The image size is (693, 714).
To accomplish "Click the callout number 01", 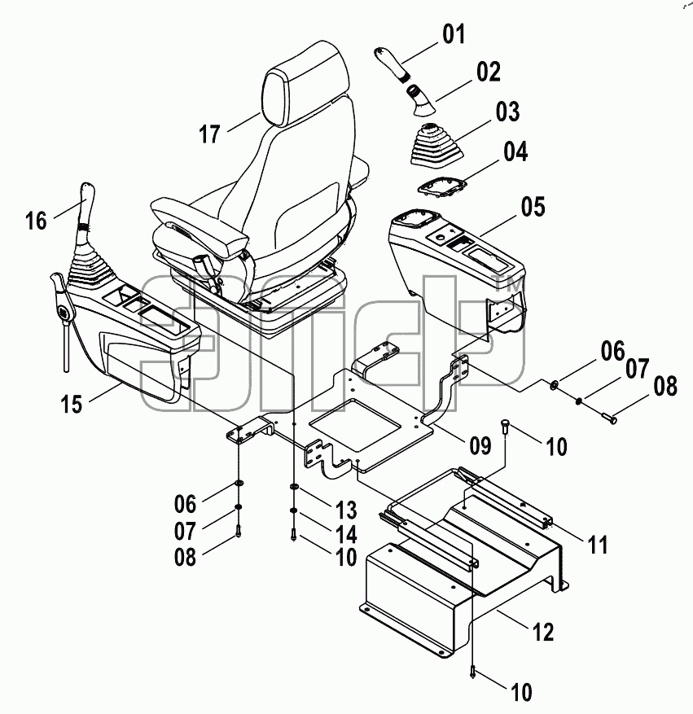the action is pos(454,35).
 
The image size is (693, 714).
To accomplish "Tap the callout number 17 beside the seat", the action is pos(210,134).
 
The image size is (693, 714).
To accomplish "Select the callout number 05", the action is pos(533,206).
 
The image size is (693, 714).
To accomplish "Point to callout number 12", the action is pos(542,632).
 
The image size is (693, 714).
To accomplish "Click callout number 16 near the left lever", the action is pos(36,221).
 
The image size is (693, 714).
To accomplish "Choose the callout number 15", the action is pos(72,404).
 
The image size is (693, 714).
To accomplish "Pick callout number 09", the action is pos(480,445).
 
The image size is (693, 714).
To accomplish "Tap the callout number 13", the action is pos(346,510).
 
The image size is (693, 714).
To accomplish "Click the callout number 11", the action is pos(598,545).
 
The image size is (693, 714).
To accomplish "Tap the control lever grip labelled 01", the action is pos(392,63).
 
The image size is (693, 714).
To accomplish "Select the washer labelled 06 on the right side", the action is pos(554,385).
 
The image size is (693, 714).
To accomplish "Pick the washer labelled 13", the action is pos(294,487).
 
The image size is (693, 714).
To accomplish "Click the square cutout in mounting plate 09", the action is pos(355,420).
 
